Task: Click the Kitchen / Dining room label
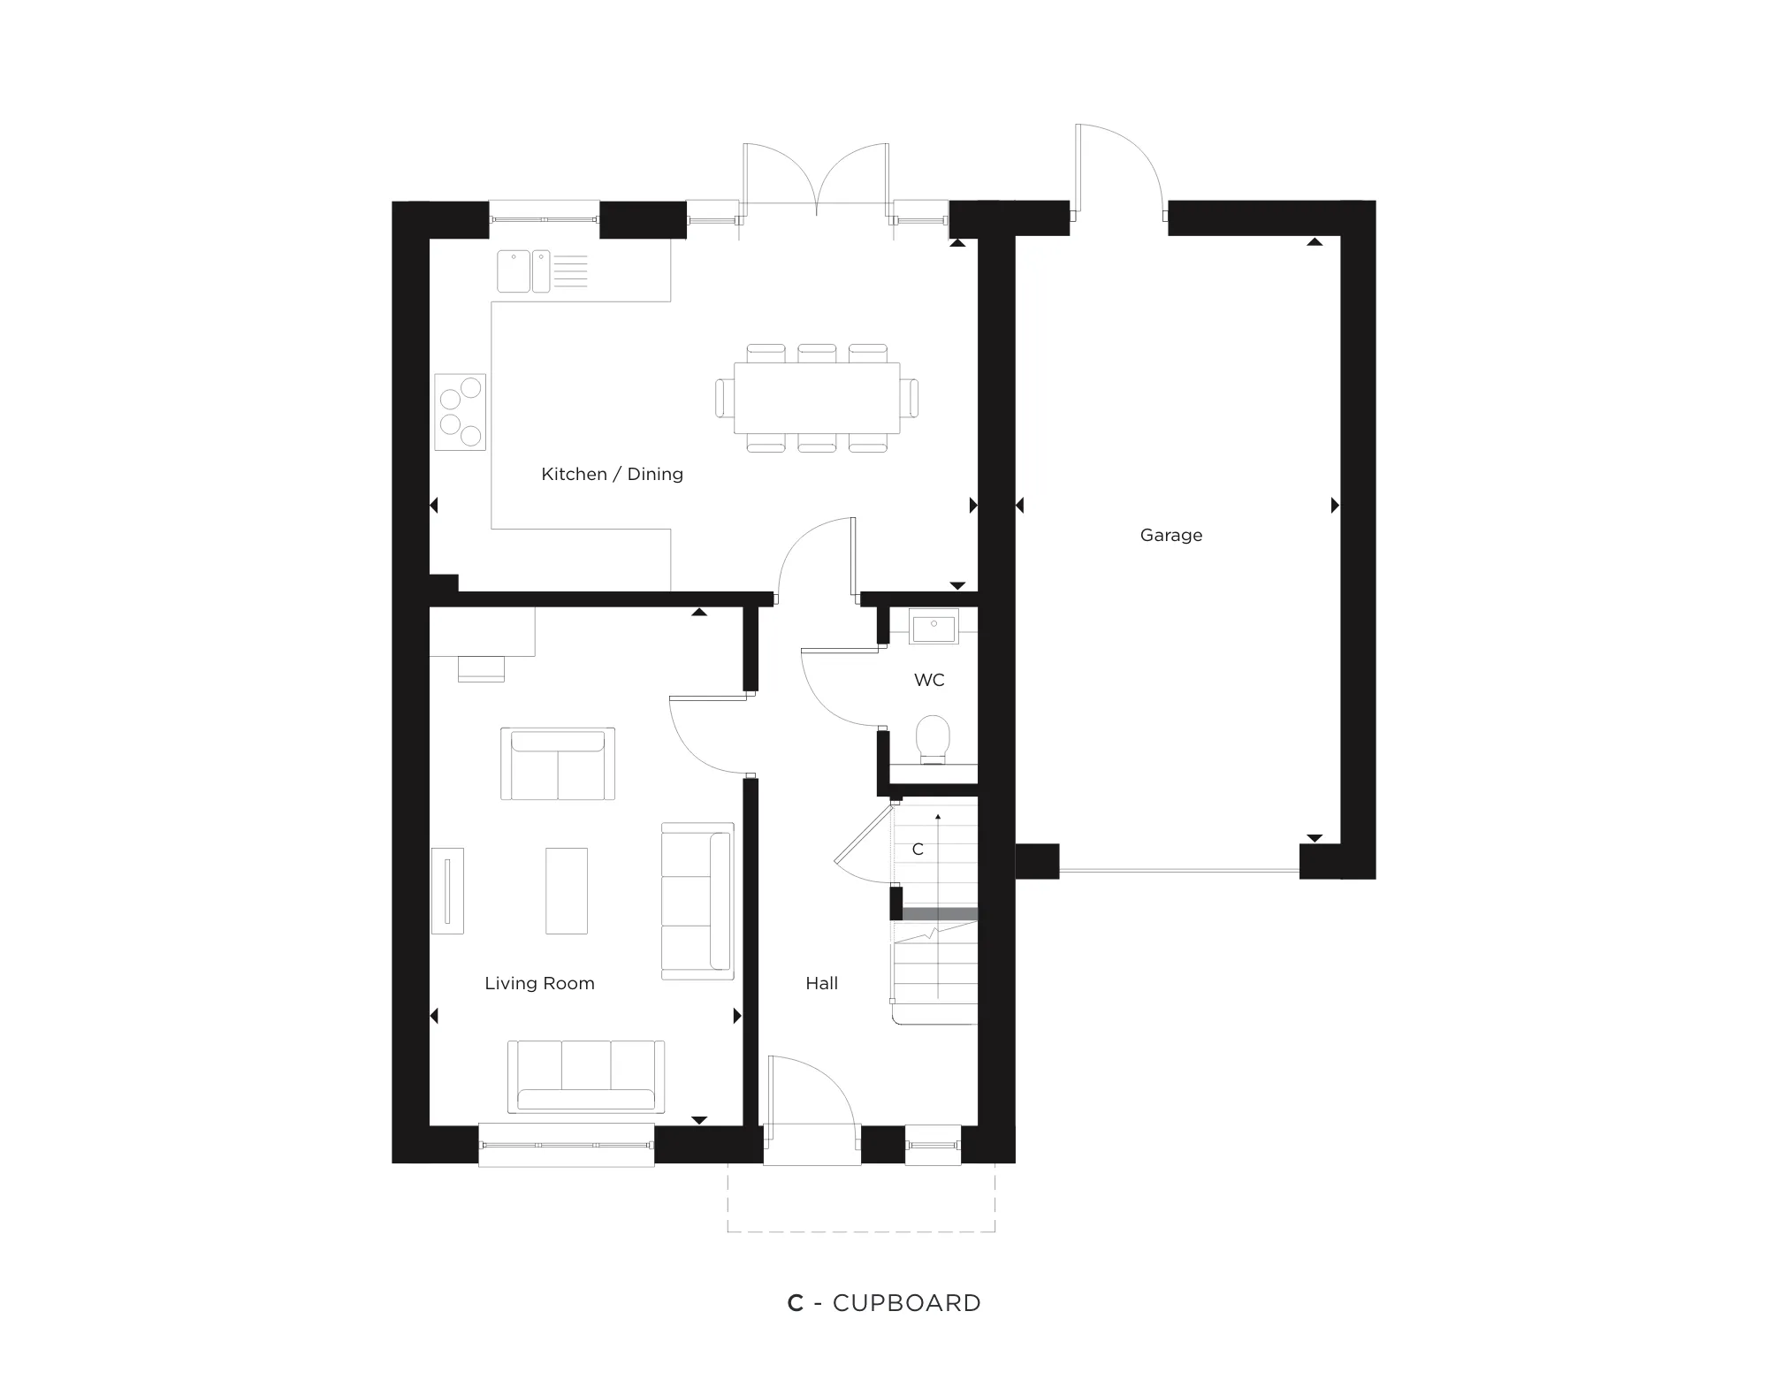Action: (612, 474)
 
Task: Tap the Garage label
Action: (1171, 535)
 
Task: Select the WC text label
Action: (929, 680)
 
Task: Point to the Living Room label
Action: (539, 983)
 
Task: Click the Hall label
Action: (821, 983)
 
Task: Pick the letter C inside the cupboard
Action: (918, 850)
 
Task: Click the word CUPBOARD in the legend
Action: (907, 1303)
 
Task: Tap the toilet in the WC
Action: (934, 739)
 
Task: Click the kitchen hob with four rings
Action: (461, 412)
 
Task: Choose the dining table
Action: (817, 398)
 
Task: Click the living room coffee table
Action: (567, 890)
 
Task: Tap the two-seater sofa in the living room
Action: (558, 764)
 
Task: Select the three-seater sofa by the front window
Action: (586, 1077)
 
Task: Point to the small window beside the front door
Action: (934, 1145)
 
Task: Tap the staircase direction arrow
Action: (938, 905)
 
